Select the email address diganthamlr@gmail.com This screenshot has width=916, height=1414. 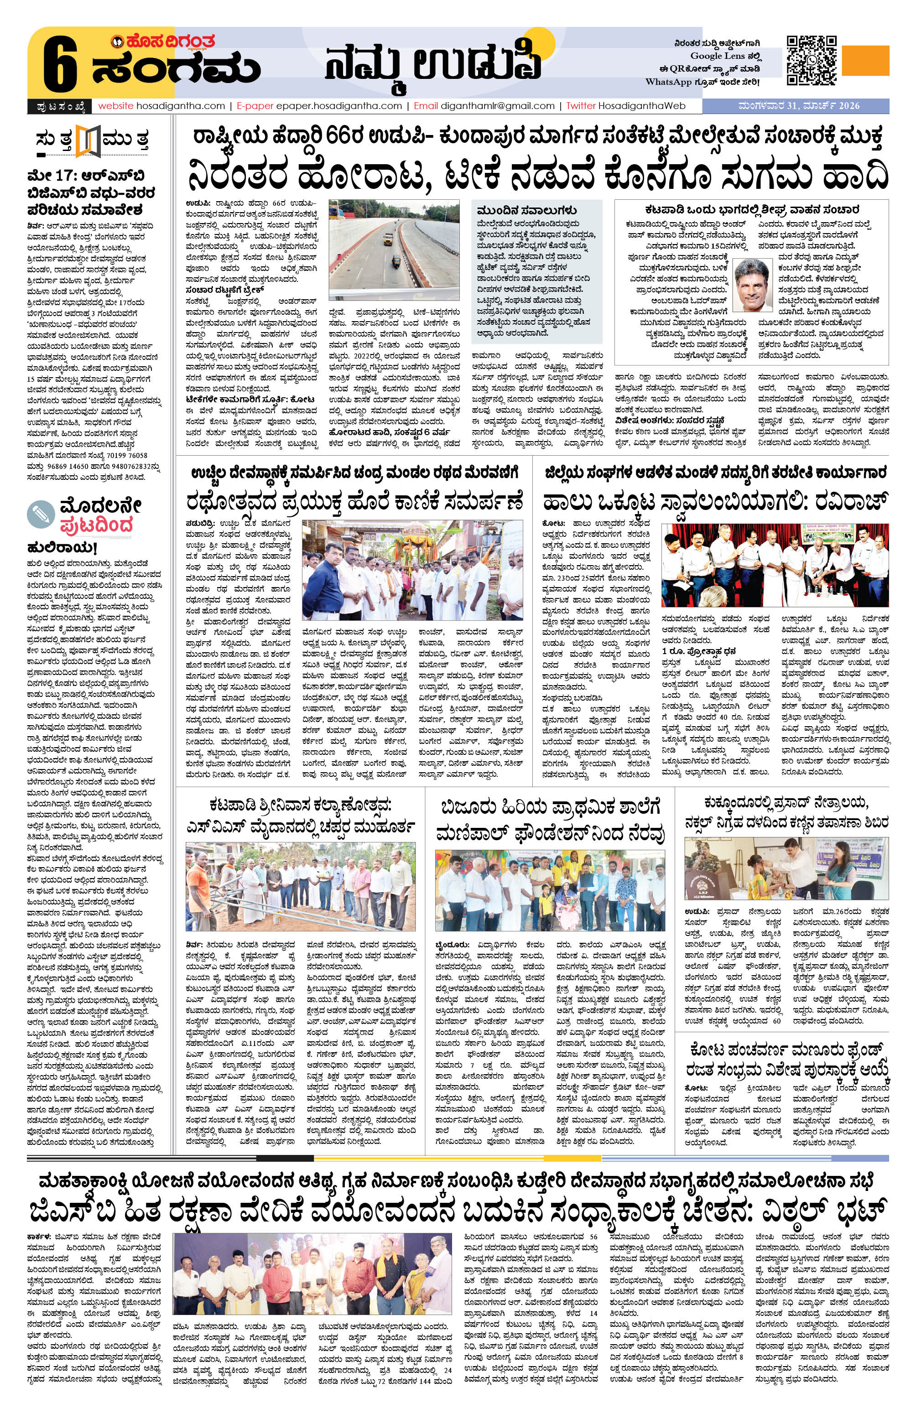tap(496, 106)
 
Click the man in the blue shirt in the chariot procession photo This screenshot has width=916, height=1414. tap(324, 577)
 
